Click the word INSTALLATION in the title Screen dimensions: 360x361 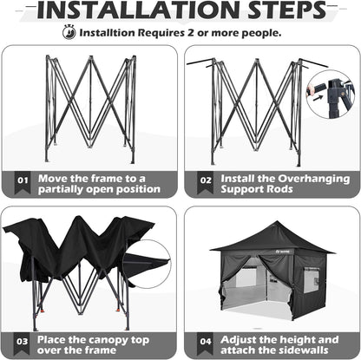(x=129, y=11)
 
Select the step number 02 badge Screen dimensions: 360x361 (x=205, y=184)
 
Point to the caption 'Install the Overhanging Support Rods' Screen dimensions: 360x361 (x=285, y=184)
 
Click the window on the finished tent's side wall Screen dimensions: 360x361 (x=310, y=279)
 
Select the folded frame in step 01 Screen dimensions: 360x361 (x=90, y=106)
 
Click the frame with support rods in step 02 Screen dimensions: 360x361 (x=257, y=108)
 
